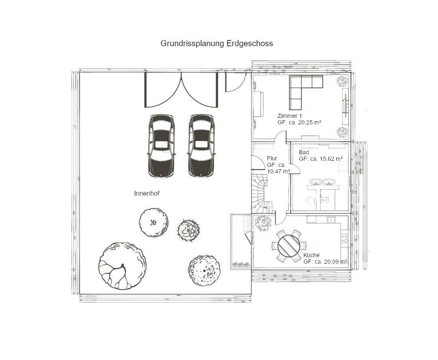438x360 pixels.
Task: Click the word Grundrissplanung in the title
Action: (x=192, y=43)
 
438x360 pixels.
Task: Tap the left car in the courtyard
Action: (x=161, y=146)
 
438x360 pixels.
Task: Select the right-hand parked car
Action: (x=201, y=146)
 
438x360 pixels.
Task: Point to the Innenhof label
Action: (x=147, y=194)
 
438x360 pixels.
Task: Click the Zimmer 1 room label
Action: (x=290, y=116)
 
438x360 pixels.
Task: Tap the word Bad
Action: (x=304, y=152)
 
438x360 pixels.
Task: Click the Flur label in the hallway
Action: (x=272, y=158)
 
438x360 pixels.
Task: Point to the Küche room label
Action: (x=312, y=255)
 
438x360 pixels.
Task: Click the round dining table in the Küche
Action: (x=289, y=245)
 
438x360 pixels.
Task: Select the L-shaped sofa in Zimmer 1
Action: (x=302, y=90)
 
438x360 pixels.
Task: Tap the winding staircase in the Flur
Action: (x=261, y=194)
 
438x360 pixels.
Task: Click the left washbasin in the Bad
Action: (x=316, y=182)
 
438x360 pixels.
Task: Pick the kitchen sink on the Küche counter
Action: (x=331, y=220)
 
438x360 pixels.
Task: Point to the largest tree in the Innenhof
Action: (x=122, y=266)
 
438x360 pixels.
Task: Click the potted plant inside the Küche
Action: (x=264, y=222)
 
